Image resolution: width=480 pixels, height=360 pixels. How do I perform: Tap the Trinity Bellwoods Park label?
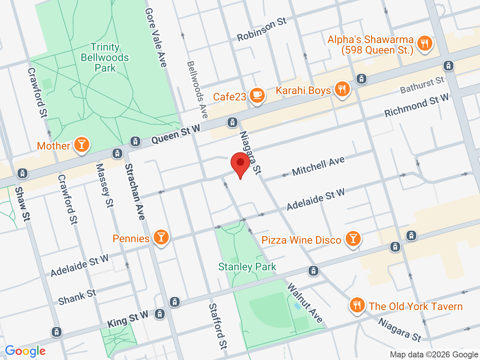(105, 57)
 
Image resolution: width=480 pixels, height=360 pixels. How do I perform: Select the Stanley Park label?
(247, 267)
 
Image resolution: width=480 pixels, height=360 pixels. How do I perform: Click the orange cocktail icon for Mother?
(81, 144)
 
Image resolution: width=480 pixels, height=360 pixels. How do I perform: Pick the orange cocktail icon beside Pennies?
(161, 237)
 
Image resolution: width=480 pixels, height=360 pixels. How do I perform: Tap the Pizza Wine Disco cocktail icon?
(352, 238)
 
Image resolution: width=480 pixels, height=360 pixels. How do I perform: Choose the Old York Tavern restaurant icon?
(357, 305)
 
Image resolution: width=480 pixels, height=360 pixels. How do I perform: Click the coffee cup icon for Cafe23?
(257, 95)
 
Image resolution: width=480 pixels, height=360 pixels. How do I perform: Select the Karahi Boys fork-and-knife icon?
(342, 89)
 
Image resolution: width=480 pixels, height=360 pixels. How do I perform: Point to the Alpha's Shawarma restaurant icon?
(424, 43)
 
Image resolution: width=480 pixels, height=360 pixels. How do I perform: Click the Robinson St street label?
(262, 29)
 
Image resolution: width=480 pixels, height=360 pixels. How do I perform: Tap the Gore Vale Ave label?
(156, 37)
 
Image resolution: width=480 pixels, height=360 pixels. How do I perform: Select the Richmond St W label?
(416, 105)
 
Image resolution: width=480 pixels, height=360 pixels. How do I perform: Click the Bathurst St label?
(422, 85)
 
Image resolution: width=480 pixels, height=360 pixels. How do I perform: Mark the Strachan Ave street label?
(135, 192)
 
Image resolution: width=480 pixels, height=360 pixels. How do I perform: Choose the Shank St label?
(77, 297)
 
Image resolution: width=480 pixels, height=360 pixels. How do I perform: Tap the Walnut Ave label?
(305, 303)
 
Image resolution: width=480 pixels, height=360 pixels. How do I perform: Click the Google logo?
(25, 351)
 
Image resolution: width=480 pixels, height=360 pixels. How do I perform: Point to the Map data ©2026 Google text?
(434, 354)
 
